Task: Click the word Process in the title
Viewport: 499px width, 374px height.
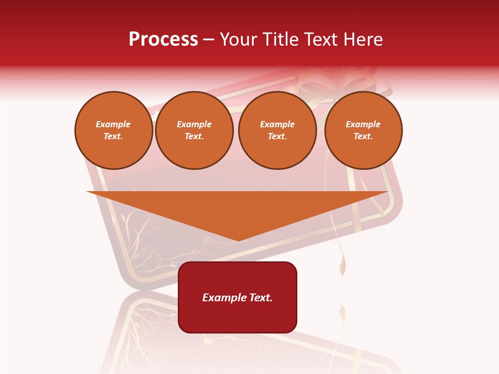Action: click(163, 39)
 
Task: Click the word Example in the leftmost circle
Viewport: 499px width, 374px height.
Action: click(113, 124)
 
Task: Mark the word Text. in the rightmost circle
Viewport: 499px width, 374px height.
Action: click(363, 137)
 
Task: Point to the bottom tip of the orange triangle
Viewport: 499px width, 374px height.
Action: click(238, 239)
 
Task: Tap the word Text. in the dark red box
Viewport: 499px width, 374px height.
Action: click(260, 298)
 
